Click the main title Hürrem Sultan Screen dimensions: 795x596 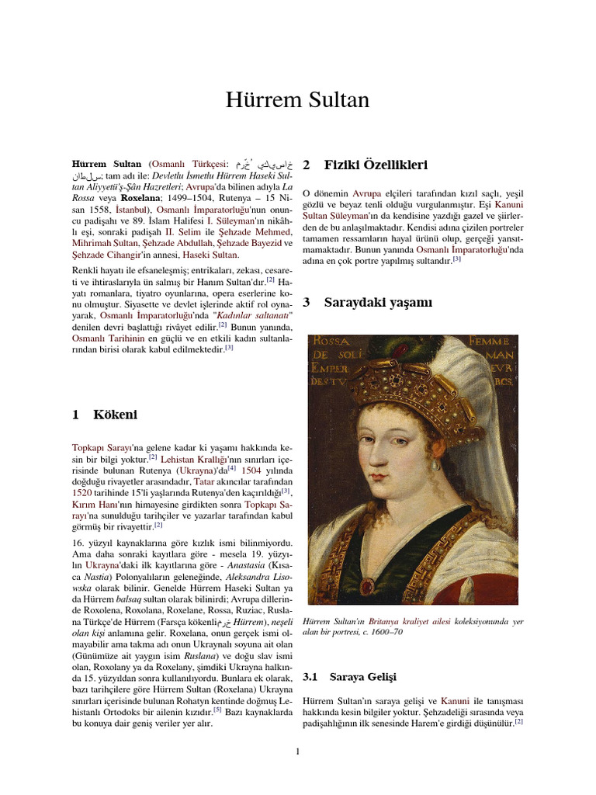click(x=297, y=100)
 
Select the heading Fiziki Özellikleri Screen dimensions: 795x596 click(x=376, y=165)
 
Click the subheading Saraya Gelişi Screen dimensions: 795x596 click(x=362, y=677)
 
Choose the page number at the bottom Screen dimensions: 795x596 click(x=298, y=750)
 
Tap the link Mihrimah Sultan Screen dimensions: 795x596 click(x=105, y=243)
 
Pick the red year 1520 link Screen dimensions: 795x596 click(x=82, y=493)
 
